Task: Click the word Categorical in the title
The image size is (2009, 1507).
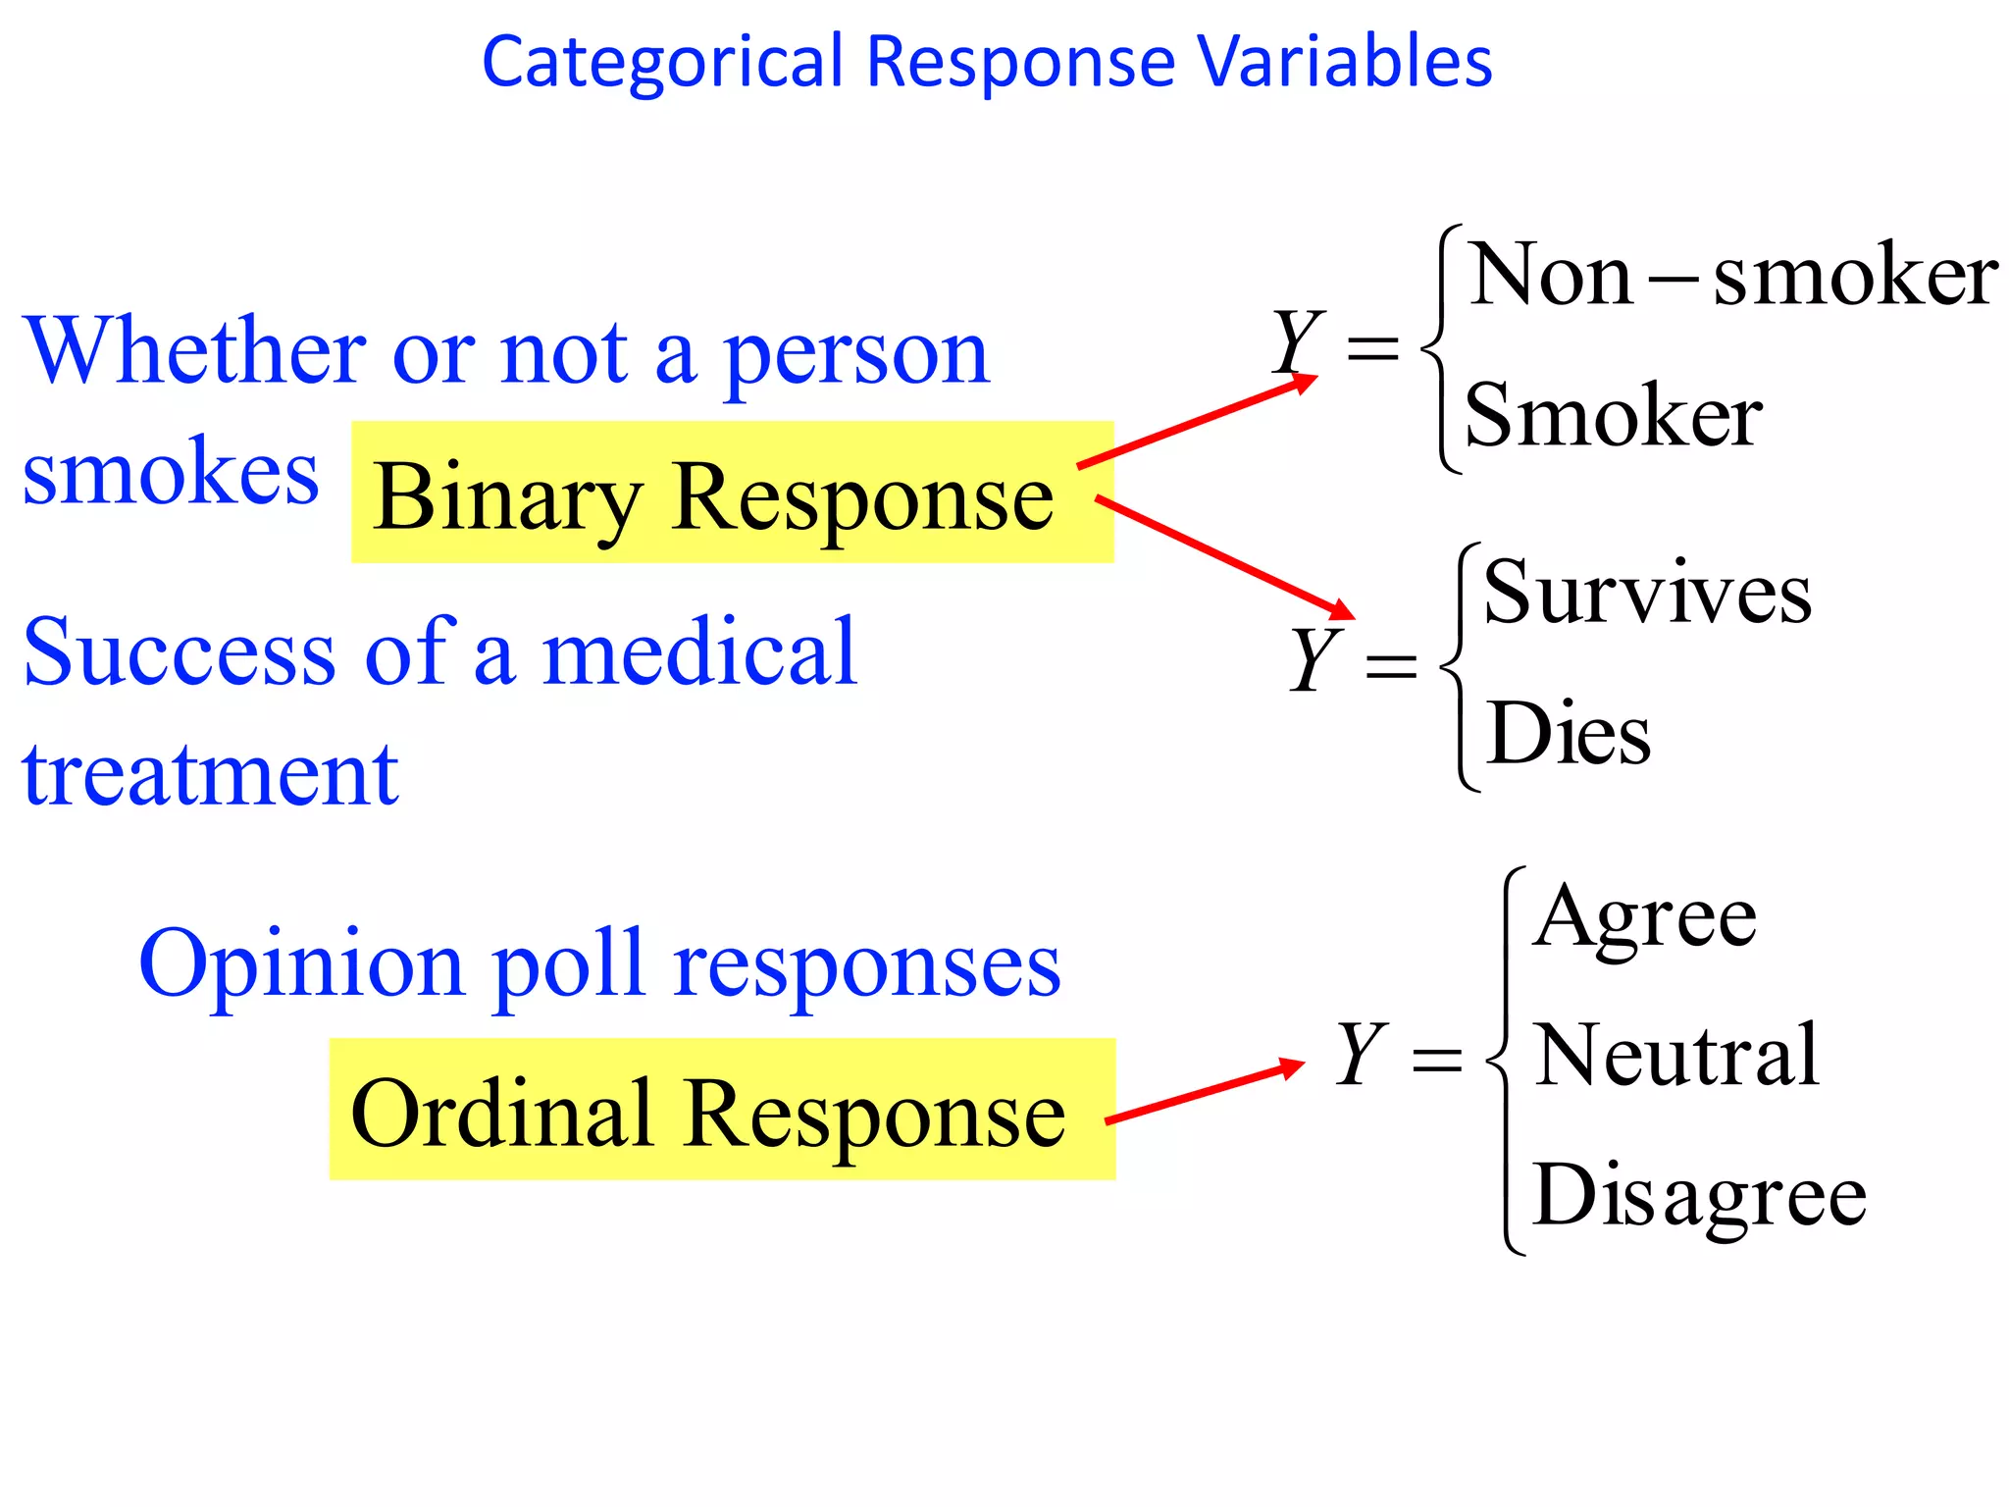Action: (x=662, y=62)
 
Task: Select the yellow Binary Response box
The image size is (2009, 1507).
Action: (x=732, y=493)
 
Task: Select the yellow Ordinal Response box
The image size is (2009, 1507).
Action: (x=722, y=1109)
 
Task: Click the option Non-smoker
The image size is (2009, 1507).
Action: (x=1732, y=276)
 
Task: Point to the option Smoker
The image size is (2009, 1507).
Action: (x=1614, y=416)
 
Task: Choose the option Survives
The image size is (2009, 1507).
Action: (x=1647, y=592)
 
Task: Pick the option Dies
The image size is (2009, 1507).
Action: (x=1568, y=733)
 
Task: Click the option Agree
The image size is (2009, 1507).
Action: (x=1645, y=917)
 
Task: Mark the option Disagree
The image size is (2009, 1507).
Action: (x=1699, y=1194)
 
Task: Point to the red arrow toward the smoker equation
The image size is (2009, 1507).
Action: (x=1197, y=423)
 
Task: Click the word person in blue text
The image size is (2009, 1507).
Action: (x=855, y=355)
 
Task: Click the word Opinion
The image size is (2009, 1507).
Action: (x=300, y=964)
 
